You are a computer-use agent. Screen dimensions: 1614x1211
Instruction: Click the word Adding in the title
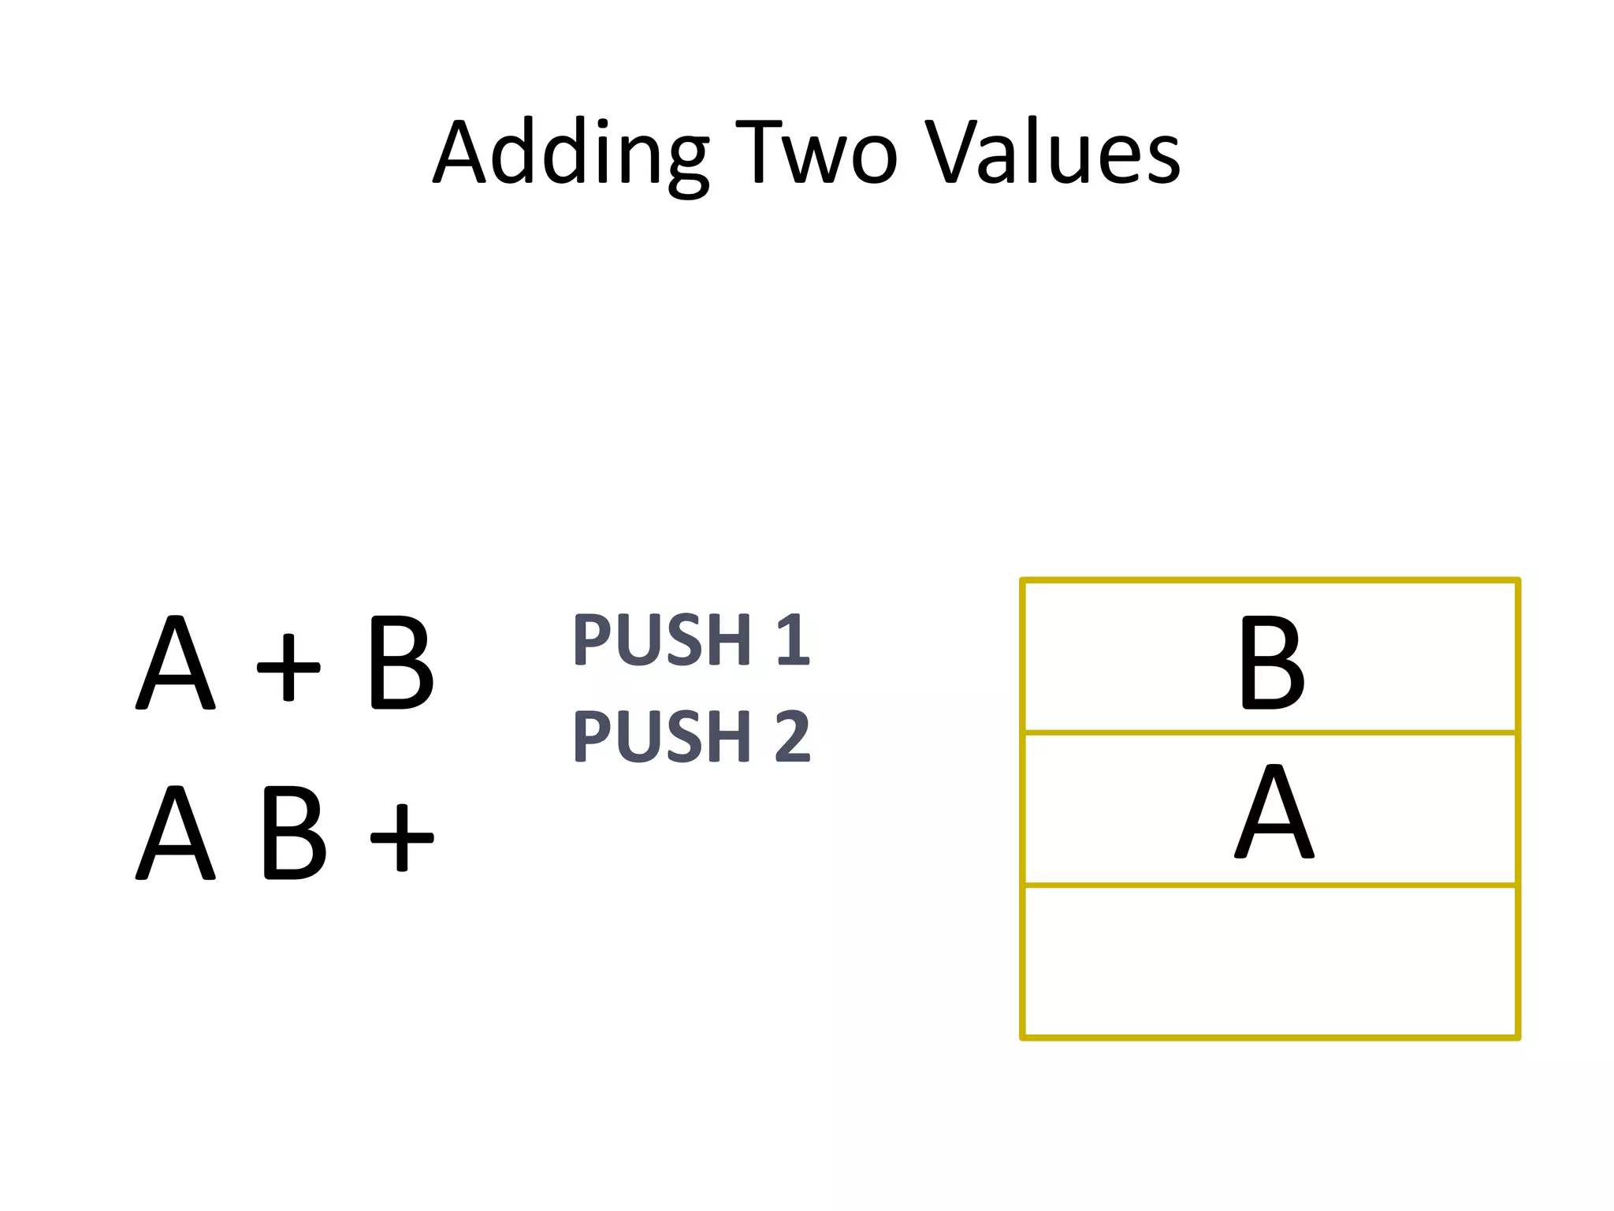coord(571,154)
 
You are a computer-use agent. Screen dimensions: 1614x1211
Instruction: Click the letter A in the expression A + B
coord(175,662)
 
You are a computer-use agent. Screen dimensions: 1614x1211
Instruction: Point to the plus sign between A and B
coord(288,666)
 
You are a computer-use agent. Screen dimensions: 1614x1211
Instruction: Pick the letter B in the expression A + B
coord(400,662)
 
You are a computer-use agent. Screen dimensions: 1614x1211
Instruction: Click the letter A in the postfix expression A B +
coord(175,833)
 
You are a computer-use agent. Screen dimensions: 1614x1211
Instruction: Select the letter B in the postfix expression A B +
coord(293,833)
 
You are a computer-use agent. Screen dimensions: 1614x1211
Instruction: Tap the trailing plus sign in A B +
coord(402,837)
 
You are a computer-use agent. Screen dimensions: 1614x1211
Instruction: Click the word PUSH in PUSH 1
coord(662,639)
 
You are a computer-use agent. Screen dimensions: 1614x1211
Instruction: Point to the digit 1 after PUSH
coord(793,639)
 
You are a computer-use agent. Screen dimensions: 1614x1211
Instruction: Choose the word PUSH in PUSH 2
coord(662,736)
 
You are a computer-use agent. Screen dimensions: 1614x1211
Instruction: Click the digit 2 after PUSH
coord(792,736)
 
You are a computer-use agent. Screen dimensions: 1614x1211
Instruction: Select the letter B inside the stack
coord(1270,662)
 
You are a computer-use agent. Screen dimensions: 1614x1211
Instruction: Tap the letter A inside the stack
coord(1274,812)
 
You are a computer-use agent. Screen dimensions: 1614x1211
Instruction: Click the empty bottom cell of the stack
coord(1270,961)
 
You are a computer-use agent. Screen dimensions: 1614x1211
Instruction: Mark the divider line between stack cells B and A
coord(1270,732)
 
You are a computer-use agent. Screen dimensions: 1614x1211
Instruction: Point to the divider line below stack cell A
coord(1270,885)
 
